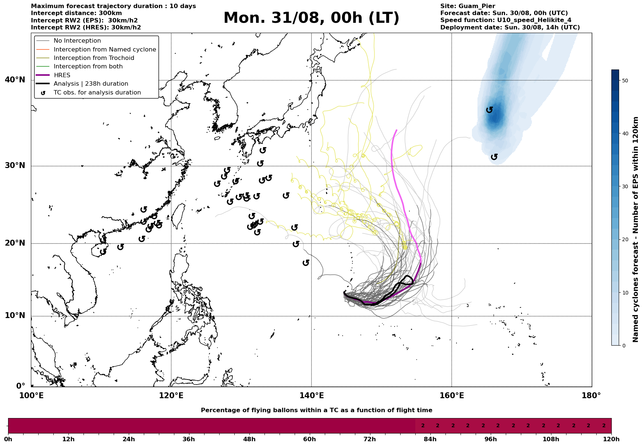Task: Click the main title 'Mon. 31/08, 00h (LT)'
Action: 311,18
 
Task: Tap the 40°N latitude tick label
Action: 15,80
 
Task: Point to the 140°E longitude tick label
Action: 311,396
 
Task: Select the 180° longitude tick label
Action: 592,396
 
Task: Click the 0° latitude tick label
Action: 21,386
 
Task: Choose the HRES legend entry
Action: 62,75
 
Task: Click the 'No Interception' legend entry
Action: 77,41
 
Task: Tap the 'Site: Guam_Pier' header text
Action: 468,6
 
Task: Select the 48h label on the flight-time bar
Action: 249,439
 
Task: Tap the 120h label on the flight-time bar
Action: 611,439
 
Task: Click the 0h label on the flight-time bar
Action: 8,439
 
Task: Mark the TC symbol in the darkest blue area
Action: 489,110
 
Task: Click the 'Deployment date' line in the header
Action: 510,28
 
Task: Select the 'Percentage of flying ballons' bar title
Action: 316,410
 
